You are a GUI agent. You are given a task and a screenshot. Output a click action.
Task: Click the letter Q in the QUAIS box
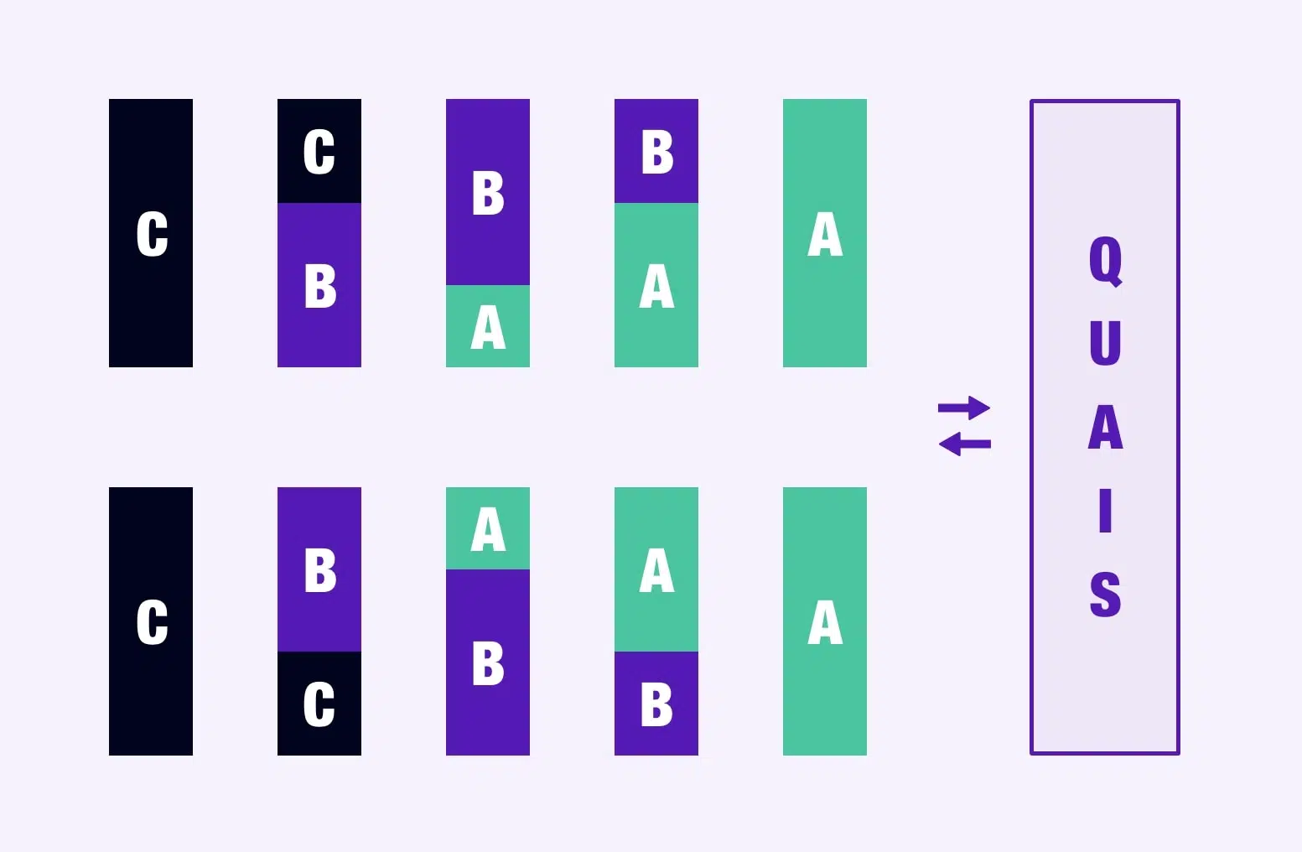pyautogui.click(x=1105, y=261)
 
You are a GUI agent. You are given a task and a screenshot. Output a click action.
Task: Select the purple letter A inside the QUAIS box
pyautogui.click(x=1105, y=427)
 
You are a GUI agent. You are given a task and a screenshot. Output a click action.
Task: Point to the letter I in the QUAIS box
pyautogui.click(x=1105, y=511)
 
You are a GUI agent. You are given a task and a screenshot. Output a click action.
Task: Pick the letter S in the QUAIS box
pyautogui.click(x=1105, y=594)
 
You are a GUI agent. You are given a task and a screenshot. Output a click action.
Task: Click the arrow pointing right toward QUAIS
pyautogui.click(x=964, y=408)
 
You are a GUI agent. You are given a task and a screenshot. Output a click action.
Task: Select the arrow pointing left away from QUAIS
pyautogui.click(x=965, y=444)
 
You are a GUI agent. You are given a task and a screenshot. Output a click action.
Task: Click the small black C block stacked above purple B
pyautogui.click(x=319, y=151)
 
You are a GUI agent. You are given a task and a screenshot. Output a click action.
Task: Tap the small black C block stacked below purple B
pyautogui.click(x=319, y=703)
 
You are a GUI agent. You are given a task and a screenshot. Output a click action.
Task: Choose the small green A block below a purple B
pyautogui.click(x=488, y=325)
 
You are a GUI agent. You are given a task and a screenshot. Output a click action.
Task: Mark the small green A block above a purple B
pyautogui.click(x=488, y=528)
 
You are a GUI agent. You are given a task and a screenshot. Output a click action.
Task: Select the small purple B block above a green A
pyautogui.click(x=656, y=151)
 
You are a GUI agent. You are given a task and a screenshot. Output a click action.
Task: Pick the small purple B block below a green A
pyautogui.click(x=656, y=703)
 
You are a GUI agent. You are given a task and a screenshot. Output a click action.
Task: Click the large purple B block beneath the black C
pyautogui.click(x=319, y=285)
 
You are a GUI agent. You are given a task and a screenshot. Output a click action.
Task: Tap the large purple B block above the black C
pyautogui.click(x=319, y=569)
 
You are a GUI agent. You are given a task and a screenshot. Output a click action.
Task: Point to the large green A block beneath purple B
pyautogui.click(x=656, y=285)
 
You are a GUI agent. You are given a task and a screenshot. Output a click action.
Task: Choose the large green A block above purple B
pyautogui.click(x=656, y=569)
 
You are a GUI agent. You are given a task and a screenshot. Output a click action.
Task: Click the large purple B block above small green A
pyautogui.click(x=488, y=192)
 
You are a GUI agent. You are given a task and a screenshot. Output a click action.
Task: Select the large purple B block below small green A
pyautogui.click(x=488, y=662)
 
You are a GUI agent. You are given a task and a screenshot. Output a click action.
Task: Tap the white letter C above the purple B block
pyautogui.click(x=319, y=151)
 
